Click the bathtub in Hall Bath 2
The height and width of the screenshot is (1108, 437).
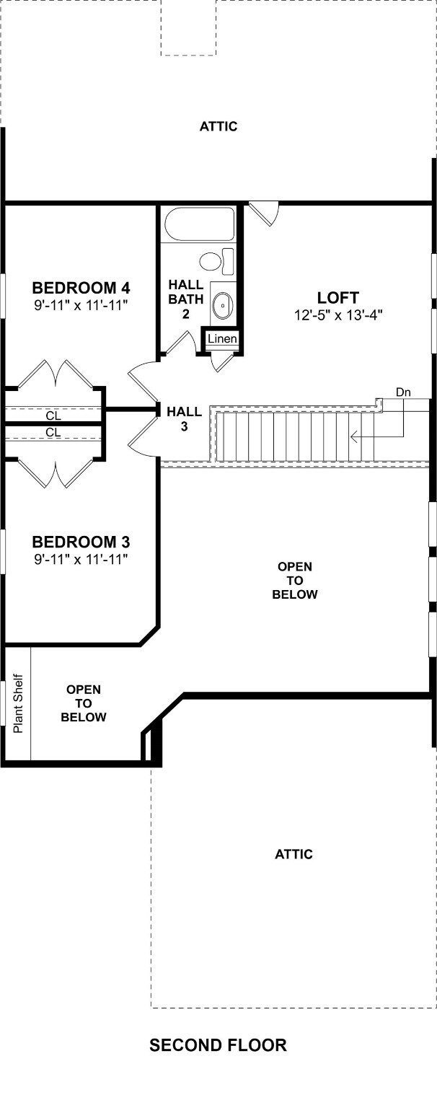pyautogui.click(x=199, y=224)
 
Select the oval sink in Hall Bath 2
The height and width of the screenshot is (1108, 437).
pyautogui.click(x=222, y=306)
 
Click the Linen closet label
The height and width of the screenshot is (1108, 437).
pyautogui.click(x=222, y=339)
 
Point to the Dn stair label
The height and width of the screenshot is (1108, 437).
pyautogui.click(x=403, y=392)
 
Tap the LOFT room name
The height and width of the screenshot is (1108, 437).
pyautogui.click(x=338, y=298)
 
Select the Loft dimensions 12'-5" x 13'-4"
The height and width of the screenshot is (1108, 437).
pyautogui.click(x=339, y=315)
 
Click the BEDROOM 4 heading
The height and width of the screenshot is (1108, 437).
pyautogui.click(x=81, y=287)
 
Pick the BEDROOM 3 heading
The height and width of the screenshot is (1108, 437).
pyautogui.click(x=81, y=542)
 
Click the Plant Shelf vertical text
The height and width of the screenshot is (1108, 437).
pyautogui.click(x=18, y=703)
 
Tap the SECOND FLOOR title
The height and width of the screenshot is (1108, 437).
pyautogui.click(x=218, y=1045)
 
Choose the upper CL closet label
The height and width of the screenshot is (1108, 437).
pyautogui.click(x=53, y=415)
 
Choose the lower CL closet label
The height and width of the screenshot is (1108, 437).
pyautogui.click(x=53, y=432)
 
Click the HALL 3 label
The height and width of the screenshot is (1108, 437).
pyautogui.click(x=184, y=419)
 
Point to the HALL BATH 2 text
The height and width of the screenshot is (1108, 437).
pyautogui.click(x=186, y=299)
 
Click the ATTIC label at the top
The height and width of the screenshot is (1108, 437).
pyautogui.click(x=218, y=127)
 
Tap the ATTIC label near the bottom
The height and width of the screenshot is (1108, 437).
pyautogui.click(x=293, y=854)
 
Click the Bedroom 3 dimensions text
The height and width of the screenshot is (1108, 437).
pyautogui.click(x=81, y=559)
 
